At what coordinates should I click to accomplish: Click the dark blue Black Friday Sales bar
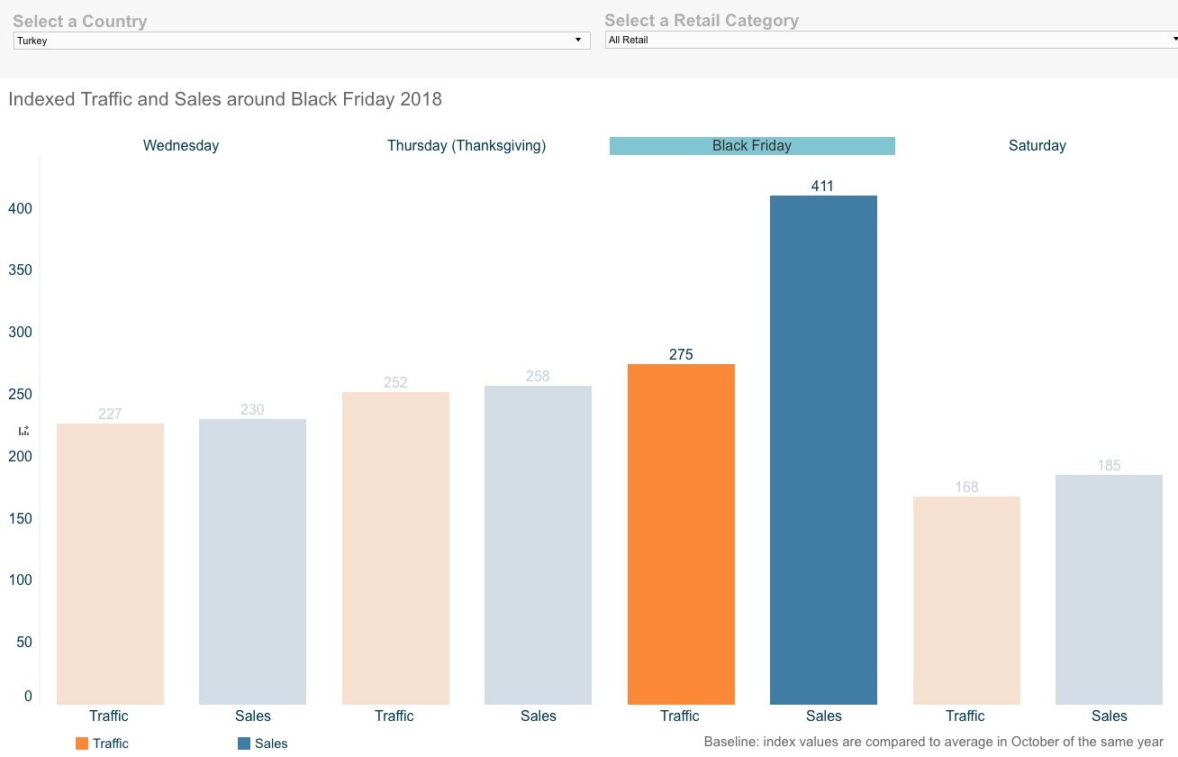pyautogui.click(x=823, y=451)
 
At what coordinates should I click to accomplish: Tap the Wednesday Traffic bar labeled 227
pyautogui.click(x=110, y=563)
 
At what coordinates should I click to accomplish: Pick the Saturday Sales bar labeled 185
pyautogui.click(x=1109, y=589)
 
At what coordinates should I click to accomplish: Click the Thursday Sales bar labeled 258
pyautogui.click(x=538, y=544)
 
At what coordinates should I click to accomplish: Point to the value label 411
pyautogui.click(x=822, y=187)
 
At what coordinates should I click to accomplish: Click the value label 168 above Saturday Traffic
pyautogui.click(x=966, y=488)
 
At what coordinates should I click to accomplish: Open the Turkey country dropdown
pyautogui.click(x=302, y=41)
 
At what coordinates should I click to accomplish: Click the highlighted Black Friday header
pyautogui.click(x=752, y=146)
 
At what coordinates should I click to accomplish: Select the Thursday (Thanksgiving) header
pyautogui.click(x=467, y=146)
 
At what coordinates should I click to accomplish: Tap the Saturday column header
pyautogui.click(x=1037, y=146)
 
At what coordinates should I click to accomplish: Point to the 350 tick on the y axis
pyautogui.click(x=19, y=270)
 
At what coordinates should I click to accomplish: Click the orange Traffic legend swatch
pyautogui.click(x=82, y=743)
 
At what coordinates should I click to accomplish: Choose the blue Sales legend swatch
pyautogui.click(x=244, y=743)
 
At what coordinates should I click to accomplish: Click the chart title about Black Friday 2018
pyautogui.click(x=225, y=99)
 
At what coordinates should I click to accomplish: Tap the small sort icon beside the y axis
pyautogui.click(x=23, y=431)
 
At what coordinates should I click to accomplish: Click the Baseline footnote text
pyautogui.click(x=933, y=742)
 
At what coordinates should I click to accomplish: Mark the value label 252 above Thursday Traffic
pyautogui.click(x=395, y=383)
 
